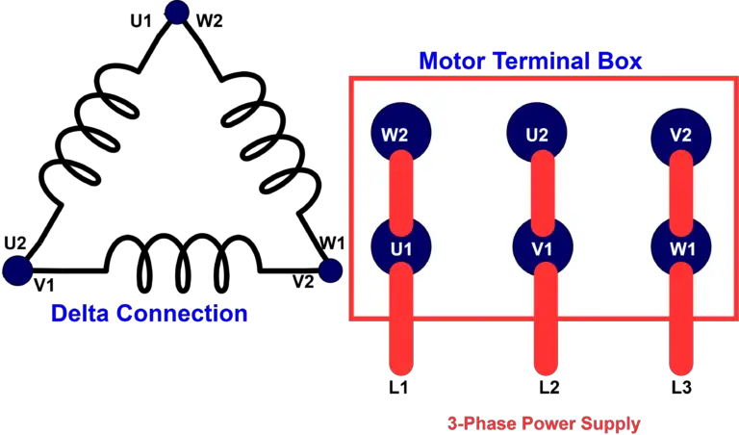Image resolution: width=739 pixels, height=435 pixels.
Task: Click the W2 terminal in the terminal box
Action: [x=401, y=133]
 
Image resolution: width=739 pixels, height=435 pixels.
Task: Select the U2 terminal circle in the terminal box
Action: [x=537, y=133]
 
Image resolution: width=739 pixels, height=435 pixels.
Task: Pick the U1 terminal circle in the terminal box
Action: [x=401, y=247]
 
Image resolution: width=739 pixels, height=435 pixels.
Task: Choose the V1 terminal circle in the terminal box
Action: [x=543, y=247]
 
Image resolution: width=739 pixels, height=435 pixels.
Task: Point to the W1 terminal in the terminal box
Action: [x=681, y=247]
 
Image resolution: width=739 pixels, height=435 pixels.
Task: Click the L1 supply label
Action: [x=398, y=388]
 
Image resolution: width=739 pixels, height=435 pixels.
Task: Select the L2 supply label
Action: [x=549, y=388]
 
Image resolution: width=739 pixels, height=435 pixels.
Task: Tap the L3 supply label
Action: [x=681, y=388]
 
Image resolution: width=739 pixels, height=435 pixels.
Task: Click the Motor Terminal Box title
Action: [x=530, y=62]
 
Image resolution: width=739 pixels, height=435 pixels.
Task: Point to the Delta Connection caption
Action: [x=149, y=314]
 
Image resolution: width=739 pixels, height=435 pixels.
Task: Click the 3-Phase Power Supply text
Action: [x=544, y=423]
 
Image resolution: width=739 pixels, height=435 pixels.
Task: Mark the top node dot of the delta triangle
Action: [x=177, y=12]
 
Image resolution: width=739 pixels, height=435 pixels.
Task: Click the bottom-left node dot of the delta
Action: [x=17, y=270]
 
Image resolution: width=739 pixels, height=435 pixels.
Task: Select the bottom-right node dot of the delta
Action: [x=330, y=270]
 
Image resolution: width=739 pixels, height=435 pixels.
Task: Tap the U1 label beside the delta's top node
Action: [x=140, y=21]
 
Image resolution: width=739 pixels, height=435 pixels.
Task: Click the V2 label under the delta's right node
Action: [x=303, y=282]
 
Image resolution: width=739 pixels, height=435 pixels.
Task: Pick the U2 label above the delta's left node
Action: [x=15, y=243]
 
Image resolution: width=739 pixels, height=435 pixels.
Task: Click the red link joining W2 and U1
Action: [x=401, y=193]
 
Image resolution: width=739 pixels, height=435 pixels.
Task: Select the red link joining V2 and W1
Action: [x=681, y=193]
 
